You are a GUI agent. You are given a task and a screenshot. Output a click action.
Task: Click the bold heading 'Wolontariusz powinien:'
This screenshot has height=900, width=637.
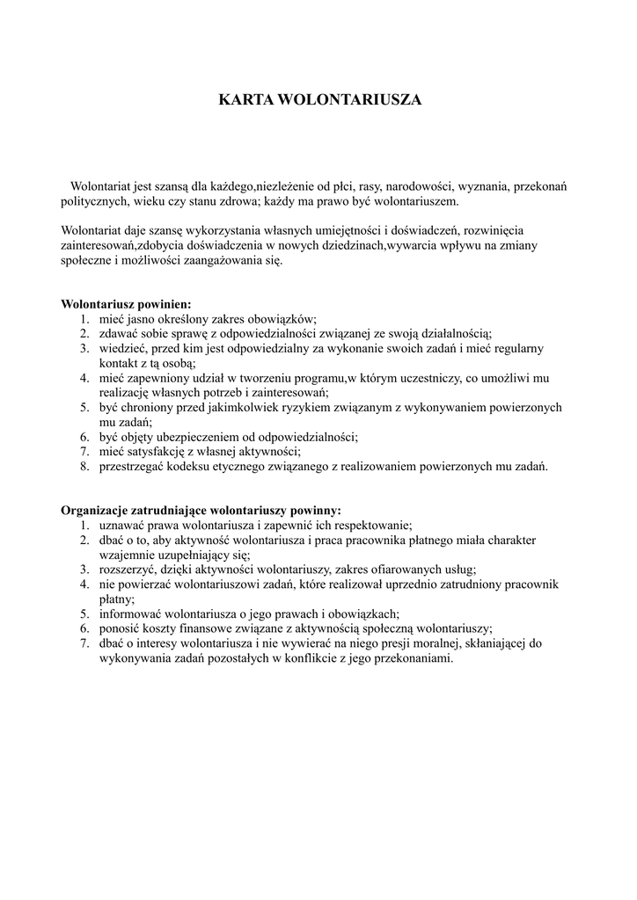tap(126, 304)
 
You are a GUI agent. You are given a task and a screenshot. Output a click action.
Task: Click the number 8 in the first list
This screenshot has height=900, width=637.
tap(84, 467)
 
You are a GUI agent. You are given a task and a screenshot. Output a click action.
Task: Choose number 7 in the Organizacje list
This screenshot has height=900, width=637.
tap(84, 643)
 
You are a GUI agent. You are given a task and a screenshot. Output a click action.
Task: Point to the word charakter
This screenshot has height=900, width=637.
tap(502, 540)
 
